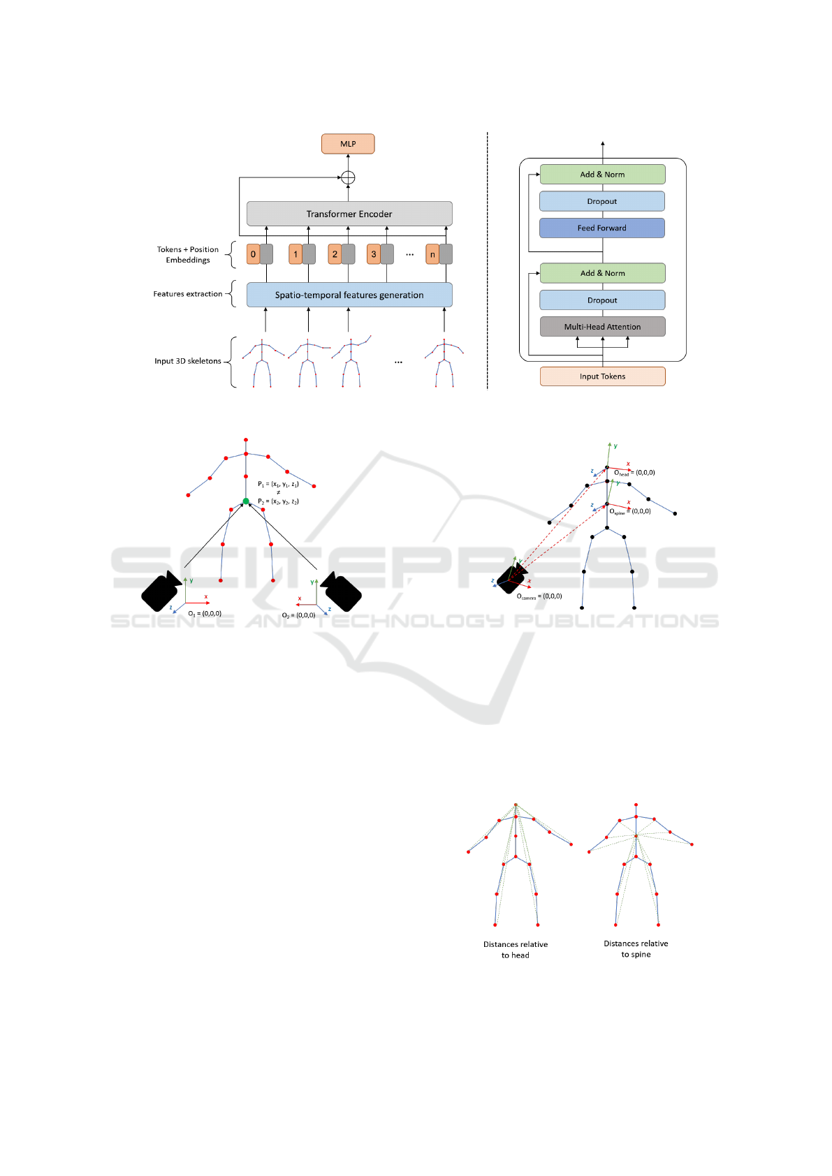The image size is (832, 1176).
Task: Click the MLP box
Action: pos(348,144)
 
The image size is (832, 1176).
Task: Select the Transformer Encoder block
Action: pos(349,214)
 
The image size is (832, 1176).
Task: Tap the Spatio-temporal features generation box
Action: pos(349,295)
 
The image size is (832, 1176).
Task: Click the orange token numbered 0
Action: pos(253,254)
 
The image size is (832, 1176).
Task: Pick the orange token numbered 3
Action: pos(374,254)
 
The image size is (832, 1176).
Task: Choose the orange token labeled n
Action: pos(432,254)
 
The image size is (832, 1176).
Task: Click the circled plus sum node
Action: pos(348,177)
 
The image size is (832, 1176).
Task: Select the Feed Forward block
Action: pos(602,228)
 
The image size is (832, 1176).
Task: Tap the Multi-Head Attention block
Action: pos(602,327)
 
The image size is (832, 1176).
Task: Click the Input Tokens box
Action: pos(602,376)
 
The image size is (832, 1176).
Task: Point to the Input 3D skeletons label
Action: pos(187,361)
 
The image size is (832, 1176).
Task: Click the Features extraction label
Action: pos(187,294)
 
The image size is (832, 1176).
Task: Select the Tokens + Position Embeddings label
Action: pos(187,255)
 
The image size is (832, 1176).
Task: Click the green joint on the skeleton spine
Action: pos(246,501)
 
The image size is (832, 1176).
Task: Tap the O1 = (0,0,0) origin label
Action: pos(205,614)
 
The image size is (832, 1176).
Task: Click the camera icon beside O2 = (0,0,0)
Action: pos(342,591)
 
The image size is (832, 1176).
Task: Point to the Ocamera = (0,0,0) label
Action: pos(539,596)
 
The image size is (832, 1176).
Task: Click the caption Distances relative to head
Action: pos(516,950)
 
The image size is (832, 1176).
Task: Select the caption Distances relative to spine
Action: pos(636,949)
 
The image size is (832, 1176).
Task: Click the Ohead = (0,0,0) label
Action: pos(634,473)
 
